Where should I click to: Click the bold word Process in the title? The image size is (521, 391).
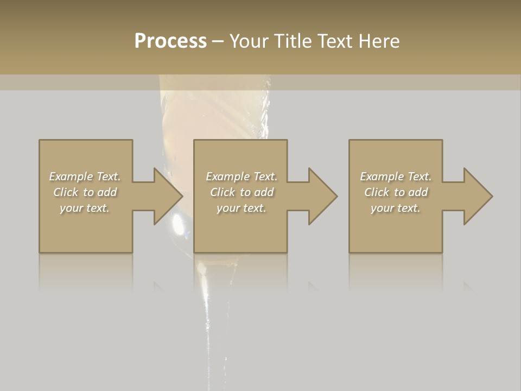[x=170, y=41]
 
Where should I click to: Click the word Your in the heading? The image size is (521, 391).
[x=249, y=41]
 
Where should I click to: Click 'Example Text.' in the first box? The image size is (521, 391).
[x=85, y=176]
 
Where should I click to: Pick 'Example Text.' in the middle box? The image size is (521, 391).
[x=242, y=176]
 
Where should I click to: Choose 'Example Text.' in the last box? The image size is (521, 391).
[x=396, y=176]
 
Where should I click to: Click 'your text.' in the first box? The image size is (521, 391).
[x=85, y=208]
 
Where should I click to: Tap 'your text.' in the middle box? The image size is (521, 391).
[x=242, y=208]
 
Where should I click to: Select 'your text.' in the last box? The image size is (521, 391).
[x=396, y=208]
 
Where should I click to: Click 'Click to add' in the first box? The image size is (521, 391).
[x=85, y=192]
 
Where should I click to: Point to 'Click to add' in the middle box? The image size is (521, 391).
[x=242, y=192]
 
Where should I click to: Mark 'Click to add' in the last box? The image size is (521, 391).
[x=396, y=192]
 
